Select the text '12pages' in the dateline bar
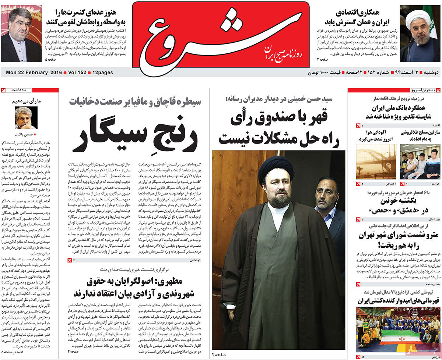click(103, 73)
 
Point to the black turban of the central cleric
click(276, 169)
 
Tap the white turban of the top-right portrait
click(419, 17)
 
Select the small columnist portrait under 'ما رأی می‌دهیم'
click(26, 118)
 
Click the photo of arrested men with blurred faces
click(420, 162)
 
